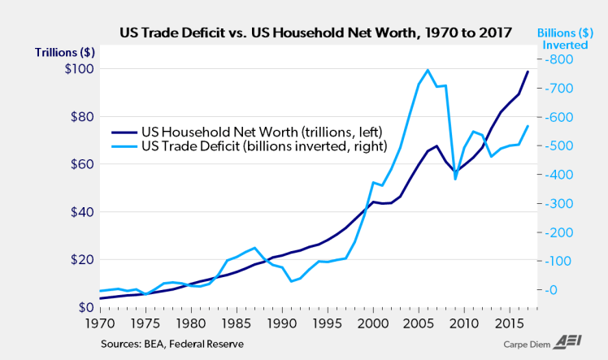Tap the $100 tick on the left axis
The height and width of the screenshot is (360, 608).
coord(80,69)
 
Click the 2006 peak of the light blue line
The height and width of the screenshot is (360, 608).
coord(428,70)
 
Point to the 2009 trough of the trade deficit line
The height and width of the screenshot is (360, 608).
coord(455,178)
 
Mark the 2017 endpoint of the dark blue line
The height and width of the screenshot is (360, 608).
coord(528,72)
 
